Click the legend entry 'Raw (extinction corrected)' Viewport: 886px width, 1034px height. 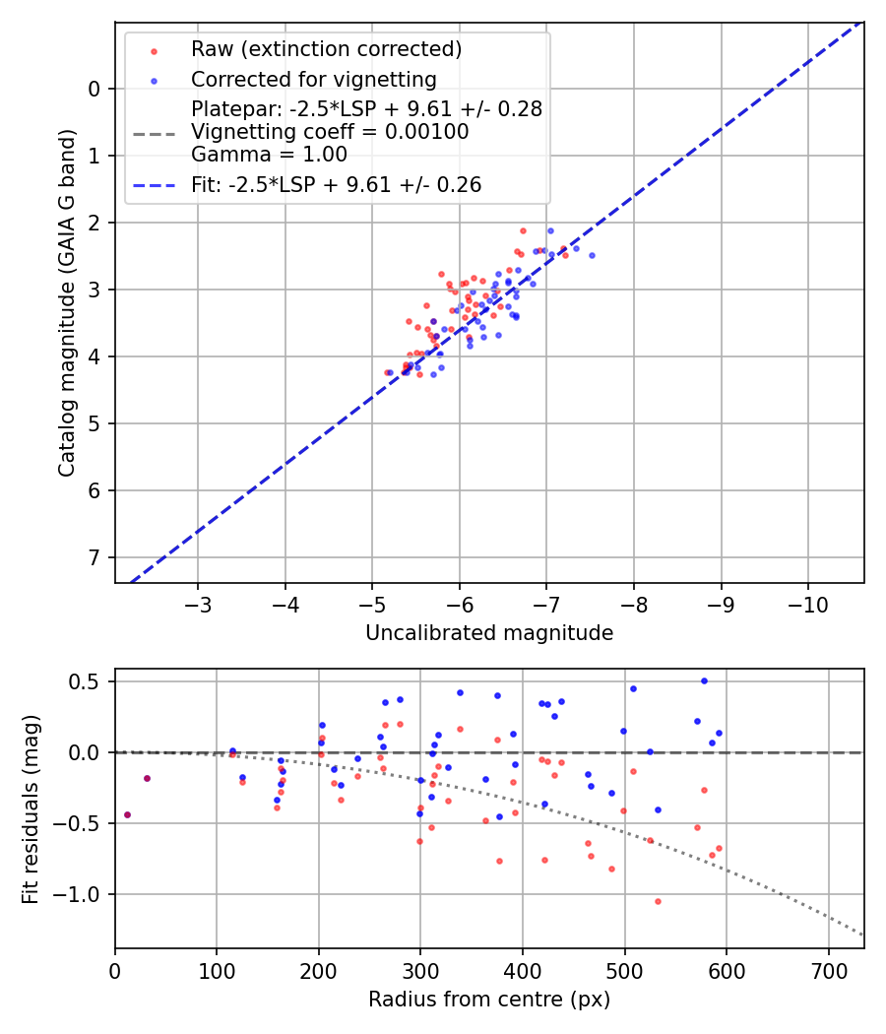click(326, 49)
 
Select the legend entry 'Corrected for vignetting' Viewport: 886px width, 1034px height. click(313, 79)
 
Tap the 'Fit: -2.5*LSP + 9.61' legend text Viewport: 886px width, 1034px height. click(336, 184)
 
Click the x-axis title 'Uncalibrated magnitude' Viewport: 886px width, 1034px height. click(489, 633)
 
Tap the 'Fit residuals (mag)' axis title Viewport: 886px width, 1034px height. click(31, 808)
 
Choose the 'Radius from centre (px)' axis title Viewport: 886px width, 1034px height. click(489, 1000)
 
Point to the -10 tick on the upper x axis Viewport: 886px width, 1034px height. click(808, 602)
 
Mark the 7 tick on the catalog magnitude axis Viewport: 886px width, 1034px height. click(95, 557)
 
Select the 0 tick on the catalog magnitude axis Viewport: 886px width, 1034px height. click(95, 89)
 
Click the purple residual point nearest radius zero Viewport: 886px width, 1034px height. click(127, 814)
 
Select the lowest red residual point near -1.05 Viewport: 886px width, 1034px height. click(658, 901)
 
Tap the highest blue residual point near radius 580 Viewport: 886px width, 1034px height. click(704, 680)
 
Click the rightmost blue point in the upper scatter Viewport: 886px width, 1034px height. click(592, 255)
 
